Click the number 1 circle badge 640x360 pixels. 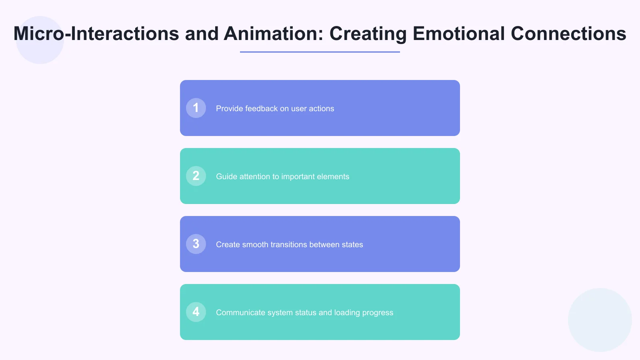[196, 108]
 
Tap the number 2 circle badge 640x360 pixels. [196, 176]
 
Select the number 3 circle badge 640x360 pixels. [196, 244]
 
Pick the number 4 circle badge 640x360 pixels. [196, 312]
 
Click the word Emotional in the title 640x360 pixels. [458, 34]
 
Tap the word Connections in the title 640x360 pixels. [568, 34]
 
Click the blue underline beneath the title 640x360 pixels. [320, 52]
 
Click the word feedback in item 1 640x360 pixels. [261, 108]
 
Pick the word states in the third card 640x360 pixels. [352, 244]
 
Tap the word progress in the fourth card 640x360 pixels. [378, 313]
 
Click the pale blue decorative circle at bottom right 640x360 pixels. [600, 320]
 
